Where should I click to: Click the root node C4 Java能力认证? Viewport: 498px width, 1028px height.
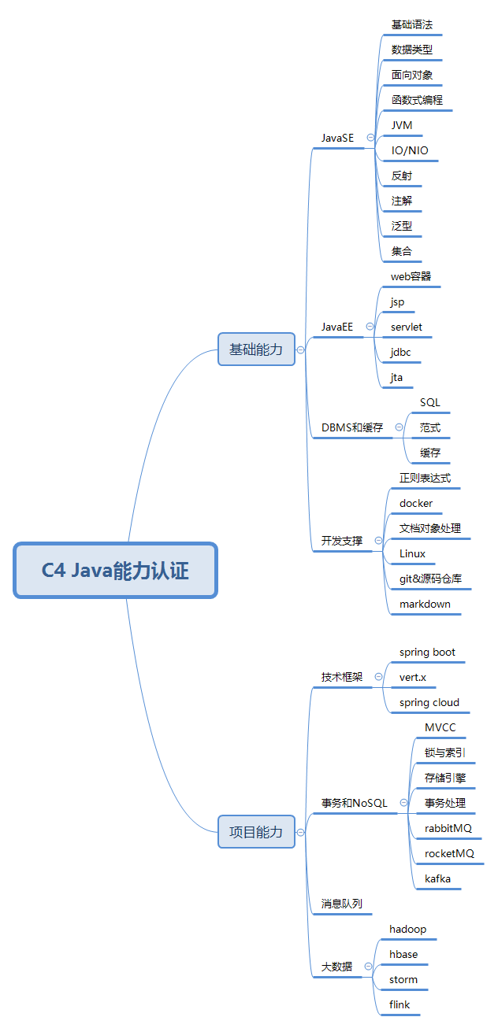[x=115, y=570]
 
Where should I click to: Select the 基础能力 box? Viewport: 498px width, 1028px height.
[x=256, y=349]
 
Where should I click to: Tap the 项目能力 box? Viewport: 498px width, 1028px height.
[x=256, y=831]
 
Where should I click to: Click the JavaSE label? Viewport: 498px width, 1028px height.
[x=338, y=138]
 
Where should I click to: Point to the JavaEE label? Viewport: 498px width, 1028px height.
[x=337, y=327]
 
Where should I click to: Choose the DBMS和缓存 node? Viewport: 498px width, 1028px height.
[x=352, y=427]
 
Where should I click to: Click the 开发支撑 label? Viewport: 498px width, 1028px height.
[x=342, y=541]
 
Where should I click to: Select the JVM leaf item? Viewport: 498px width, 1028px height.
[x=402, y=125]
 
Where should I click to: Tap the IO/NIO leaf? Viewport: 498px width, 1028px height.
[x=411, y=150]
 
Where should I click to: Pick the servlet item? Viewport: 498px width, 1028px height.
[x=407, y=327]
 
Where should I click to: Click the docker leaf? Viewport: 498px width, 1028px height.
[x=416, y=503]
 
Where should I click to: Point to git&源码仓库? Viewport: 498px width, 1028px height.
[x=430, y=579]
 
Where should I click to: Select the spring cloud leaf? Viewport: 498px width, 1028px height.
[x=429, y=702]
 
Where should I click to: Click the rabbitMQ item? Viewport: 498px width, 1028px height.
[x=448, y=828]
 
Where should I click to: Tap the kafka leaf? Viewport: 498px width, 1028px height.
[x=438, y=878]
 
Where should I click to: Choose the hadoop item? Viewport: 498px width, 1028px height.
[x=408, y=929]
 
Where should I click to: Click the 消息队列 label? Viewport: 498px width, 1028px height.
[x=342, y=904]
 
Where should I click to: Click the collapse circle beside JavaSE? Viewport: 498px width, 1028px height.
[x=370, y=138]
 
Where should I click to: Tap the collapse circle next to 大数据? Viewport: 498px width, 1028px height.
[x=368, y=967]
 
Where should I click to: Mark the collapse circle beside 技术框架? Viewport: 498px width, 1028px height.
[x=379, y=676]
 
